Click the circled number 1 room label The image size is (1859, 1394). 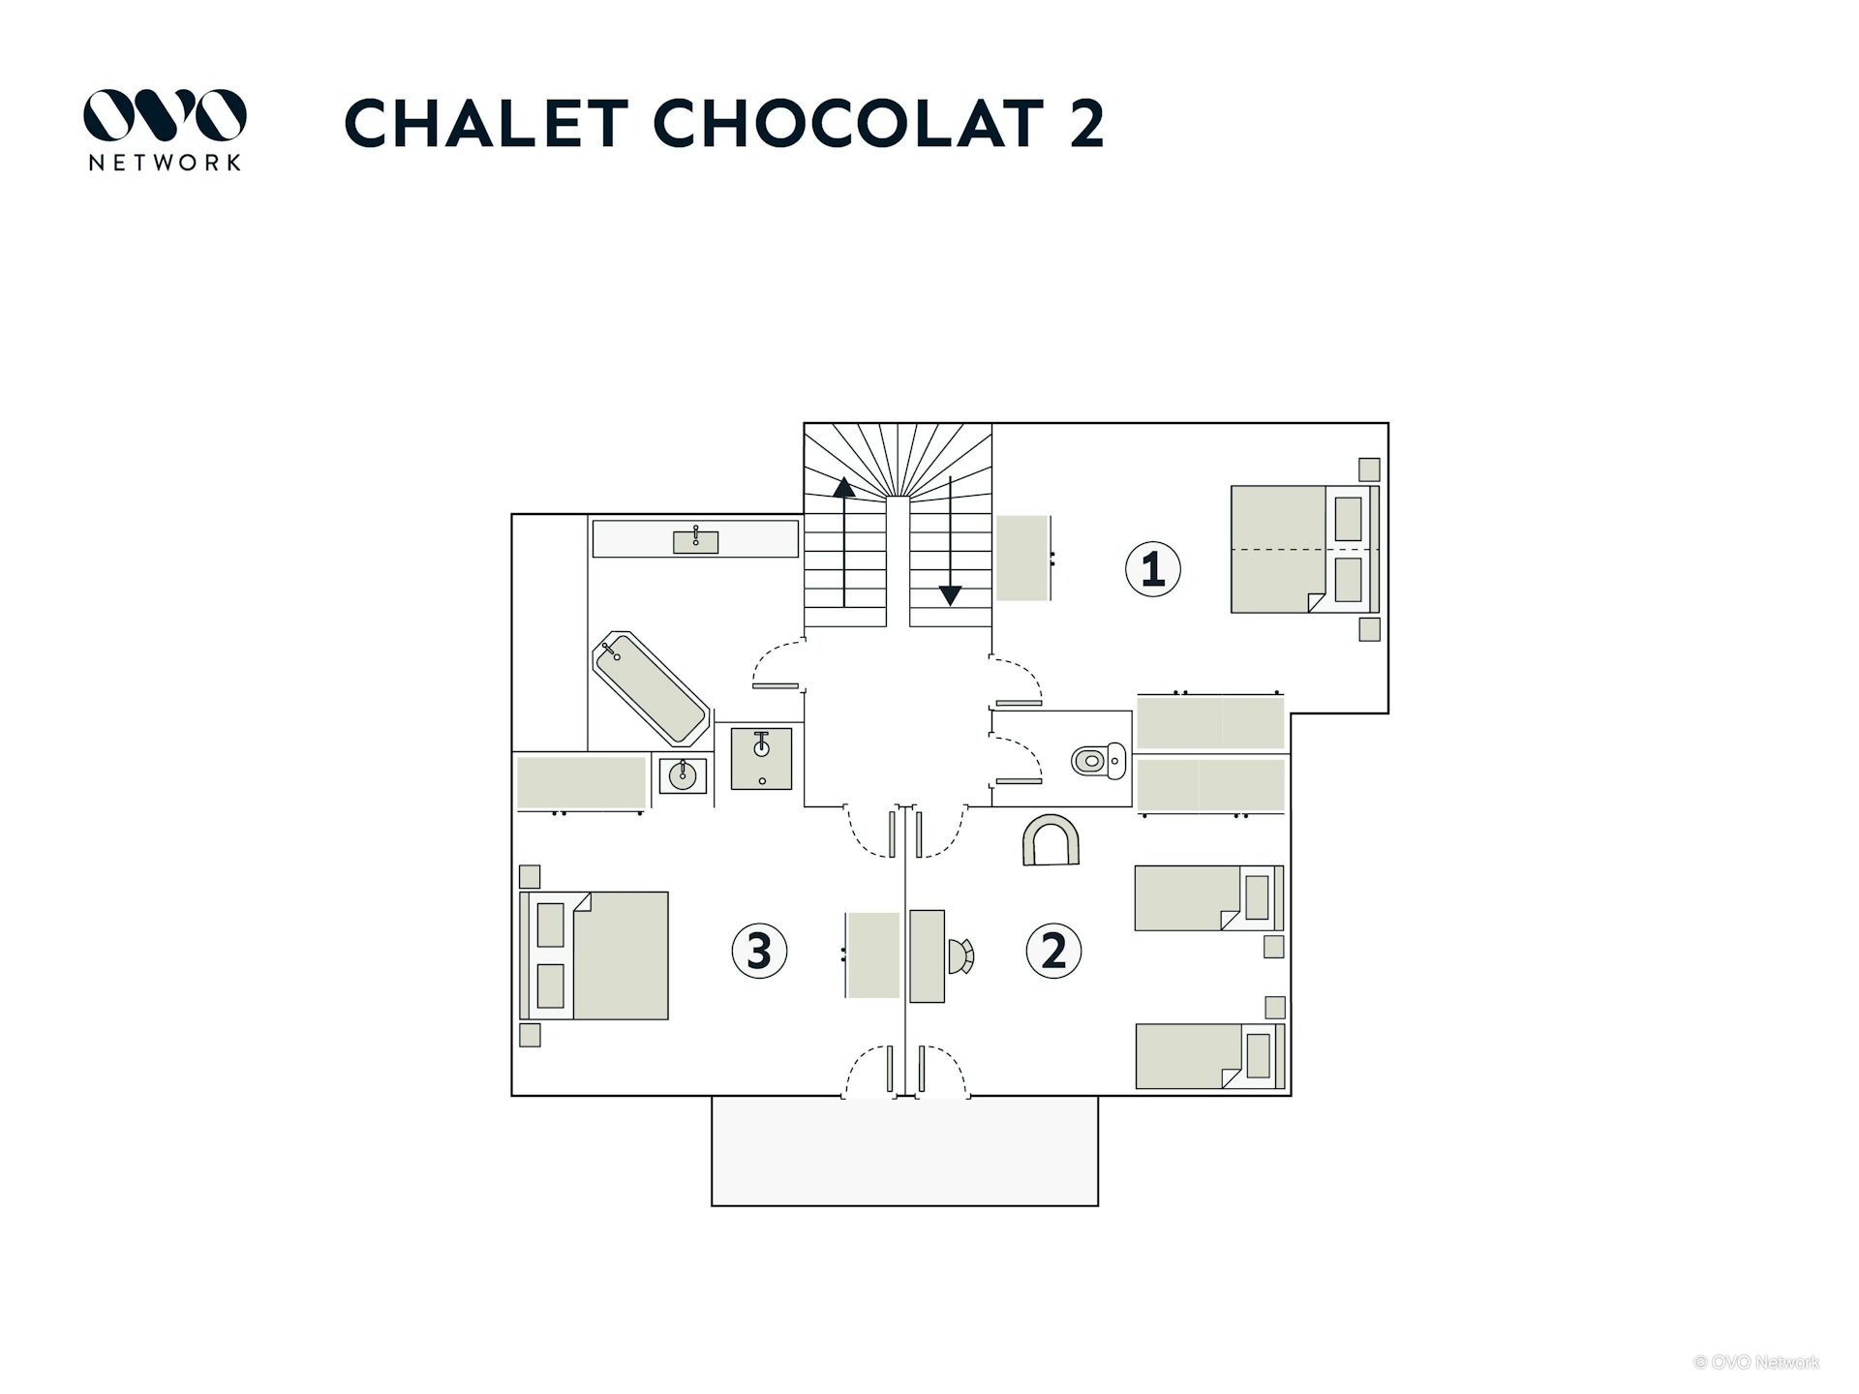[1152, 569]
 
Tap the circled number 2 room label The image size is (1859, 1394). [1053, 951]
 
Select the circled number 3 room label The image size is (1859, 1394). [759, 951]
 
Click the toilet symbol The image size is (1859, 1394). [1099, 760]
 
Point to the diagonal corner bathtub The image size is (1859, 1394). [651, 688]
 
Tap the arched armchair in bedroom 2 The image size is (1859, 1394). [1051, 840]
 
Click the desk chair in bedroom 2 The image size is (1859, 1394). [960, 955]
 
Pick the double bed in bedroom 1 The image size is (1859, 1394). [1302, 549]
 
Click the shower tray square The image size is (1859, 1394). [761, 758]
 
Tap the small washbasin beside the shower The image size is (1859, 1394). [683, 775]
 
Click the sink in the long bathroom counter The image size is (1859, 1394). [695, 540]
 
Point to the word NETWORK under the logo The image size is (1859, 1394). [165, 163]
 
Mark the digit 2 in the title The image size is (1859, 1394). [1086, 124]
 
